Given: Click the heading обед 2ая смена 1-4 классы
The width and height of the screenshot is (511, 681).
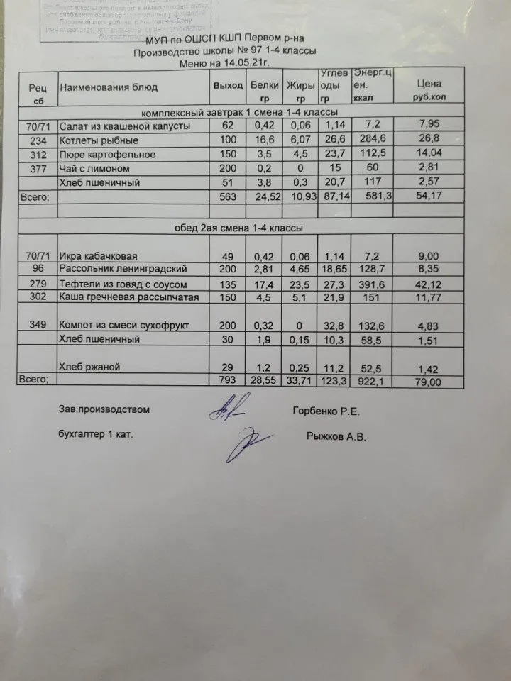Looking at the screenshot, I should click(x=239, y=228).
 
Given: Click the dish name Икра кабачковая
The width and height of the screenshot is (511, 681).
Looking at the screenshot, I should click(x=104, y=256).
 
